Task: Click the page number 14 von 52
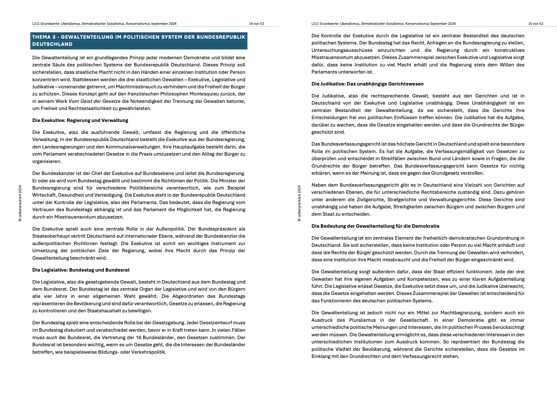click(256, 24)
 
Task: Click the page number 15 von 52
click(535, 24)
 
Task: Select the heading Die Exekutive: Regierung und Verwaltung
click(80, 120)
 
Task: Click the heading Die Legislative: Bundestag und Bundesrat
click(81, 270)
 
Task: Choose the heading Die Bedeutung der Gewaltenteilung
click(375, 226)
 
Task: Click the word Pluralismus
click(362, 320)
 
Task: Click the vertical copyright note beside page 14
click(20, 203)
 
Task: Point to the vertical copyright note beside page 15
click(299, 203)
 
